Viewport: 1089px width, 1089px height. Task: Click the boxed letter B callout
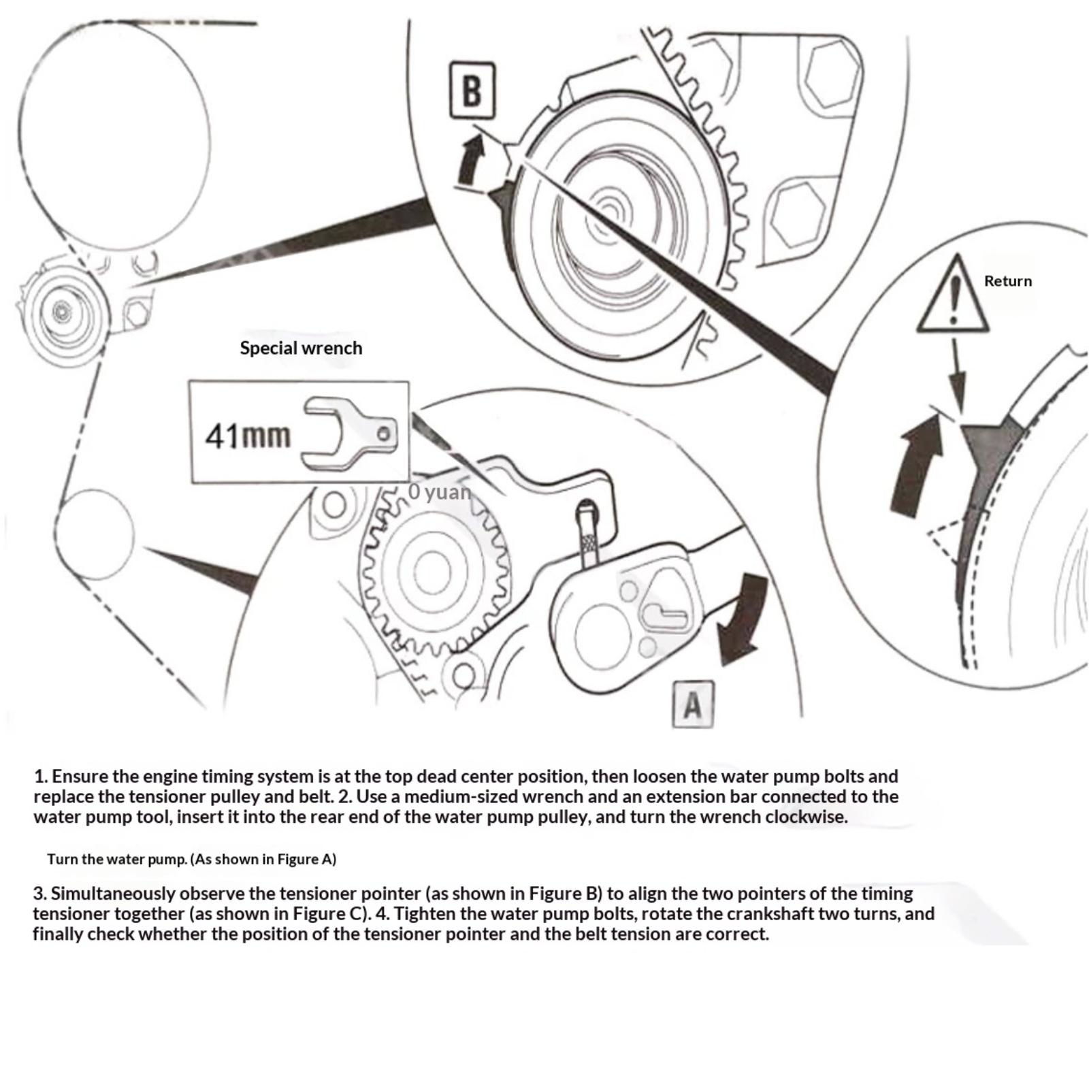point(472,90)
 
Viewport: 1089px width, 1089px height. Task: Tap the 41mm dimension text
point(248,436)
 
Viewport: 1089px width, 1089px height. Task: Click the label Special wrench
point(301,348)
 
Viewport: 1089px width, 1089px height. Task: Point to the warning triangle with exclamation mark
point(954,297)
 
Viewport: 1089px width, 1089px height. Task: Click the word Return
point(1007,281)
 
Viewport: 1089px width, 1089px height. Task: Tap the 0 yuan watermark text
point(440,491)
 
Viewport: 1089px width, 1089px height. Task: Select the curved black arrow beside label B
point(470,159)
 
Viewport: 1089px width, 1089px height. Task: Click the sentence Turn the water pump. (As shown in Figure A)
point(191,859)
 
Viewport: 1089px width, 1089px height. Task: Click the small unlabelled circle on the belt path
point(94,534)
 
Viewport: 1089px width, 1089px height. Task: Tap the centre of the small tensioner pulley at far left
point(62,312)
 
